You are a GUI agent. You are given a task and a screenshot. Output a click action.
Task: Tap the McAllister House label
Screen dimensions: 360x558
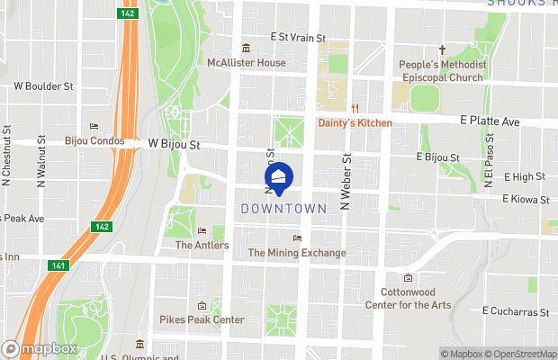coord(246,63)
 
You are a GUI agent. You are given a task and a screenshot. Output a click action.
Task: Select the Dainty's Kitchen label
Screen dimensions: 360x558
coord(355,122)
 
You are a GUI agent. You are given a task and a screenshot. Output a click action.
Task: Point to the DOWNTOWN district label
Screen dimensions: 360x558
coord(283,209)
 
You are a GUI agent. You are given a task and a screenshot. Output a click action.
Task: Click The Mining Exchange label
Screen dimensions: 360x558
coord(296,253)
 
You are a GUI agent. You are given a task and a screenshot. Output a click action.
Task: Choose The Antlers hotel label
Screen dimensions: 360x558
coord(202,245)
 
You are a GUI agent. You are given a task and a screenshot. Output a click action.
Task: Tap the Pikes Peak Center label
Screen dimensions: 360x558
coord(202,319)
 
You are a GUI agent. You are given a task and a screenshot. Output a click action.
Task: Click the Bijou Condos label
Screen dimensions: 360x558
coord(94,140)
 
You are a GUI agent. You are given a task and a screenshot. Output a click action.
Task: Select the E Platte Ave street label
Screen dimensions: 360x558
coord(490,120)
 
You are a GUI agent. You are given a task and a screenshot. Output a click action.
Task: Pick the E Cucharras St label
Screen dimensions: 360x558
coord(515,311)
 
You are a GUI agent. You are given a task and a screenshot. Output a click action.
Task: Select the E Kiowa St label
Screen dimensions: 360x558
coord(526,198)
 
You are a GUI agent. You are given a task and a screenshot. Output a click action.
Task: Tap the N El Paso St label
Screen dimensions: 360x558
coord(489,161)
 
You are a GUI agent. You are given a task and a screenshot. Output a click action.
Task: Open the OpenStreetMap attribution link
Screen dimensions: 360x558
coord(523,354)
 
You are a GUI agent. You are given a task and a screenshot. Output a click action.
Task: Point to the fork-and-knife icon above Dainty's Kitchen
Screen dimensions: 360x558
coord(355,108)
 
